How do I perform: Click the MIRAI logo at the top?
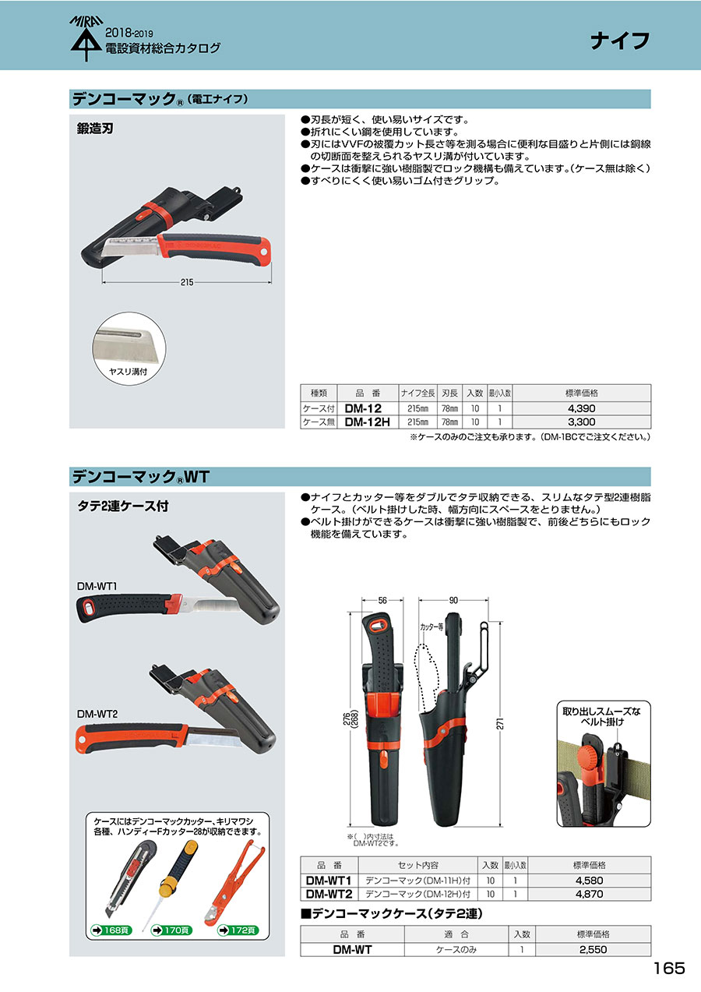point(86,39)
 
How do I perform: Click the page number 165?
point(669,968)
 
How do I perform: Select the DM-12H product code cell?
point(368,422)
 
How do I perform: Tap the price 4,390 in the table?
point(582,408)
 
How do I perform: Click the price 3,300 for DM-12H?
point(582,422)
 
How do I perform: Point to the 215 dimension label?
point(187,282)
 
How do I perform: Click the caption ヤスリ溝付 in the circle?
point(129,372)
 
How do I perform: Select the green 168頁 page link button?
point(111,930)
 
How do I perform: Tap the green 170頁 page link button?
point(172,930)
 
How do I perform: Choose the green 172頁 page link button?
point(238,930)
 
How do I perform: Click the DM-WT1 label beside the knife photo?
point(97,586)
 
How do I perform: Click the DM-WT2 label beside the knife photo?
point(97,714)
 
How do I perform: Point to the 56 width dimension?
point(382,601)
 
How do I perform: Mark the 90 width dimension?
point(453,601)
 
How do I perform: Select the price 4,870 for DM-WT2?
point(590,894)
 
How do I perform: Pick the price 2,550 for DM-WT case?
point(593,949)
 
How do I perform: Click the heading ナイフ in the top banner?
point(620,41)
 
